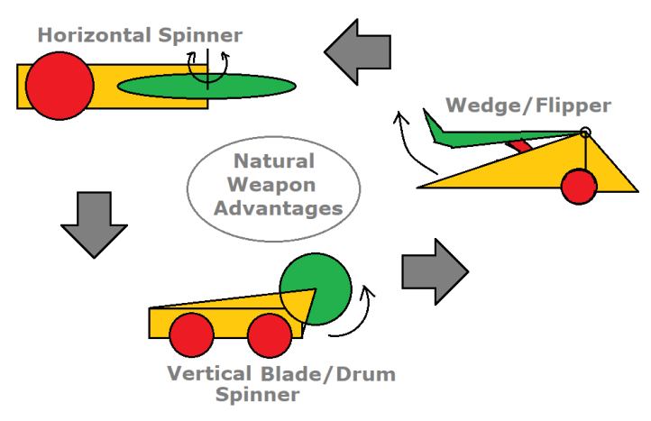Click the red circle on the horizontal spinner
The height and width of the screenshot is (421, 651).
[60, 86]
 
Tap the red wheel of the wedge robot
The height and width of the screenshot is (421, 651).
[579, 187]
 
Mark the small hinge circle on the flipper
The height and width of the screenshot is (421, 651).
[585, 133]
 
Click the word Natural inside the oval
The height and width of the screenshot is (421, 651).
[273, 163]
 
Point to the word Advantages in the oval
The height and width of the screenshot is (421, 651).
[273, 208]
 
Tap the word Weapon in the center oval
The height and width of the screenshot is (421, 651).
[273, 186]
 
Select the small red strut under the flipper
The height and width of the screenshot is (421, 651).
[518, 145]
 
